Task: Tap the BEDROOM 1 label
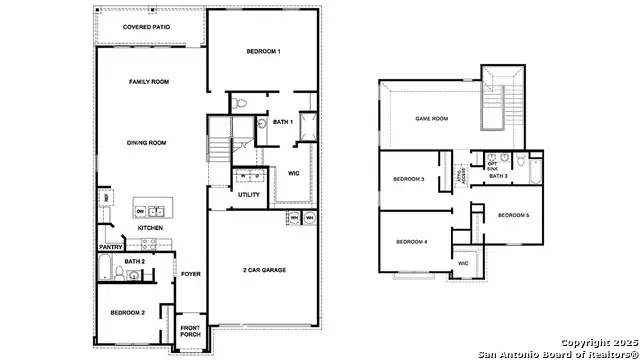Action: pos(264,51)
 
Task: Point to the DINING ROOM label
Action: pos(146,143)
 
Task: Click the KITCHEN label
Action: pos(150,228)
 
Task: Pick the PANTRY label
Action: pos(109,246)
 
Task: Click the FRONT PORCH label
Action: pos(190,331)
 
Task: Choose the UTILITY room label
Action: pos(248,195)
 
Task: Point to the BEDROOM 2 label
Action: pos(128,313)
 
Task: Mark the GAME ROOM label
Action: pos(431,118)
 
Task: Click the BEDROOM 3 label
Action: pos(409,179)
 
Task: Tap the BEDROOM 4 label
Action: pos(411,241)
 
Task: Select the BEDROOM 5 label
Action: pos(513,215)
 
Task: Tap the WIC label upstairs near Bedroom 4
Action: pos(463,263)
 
